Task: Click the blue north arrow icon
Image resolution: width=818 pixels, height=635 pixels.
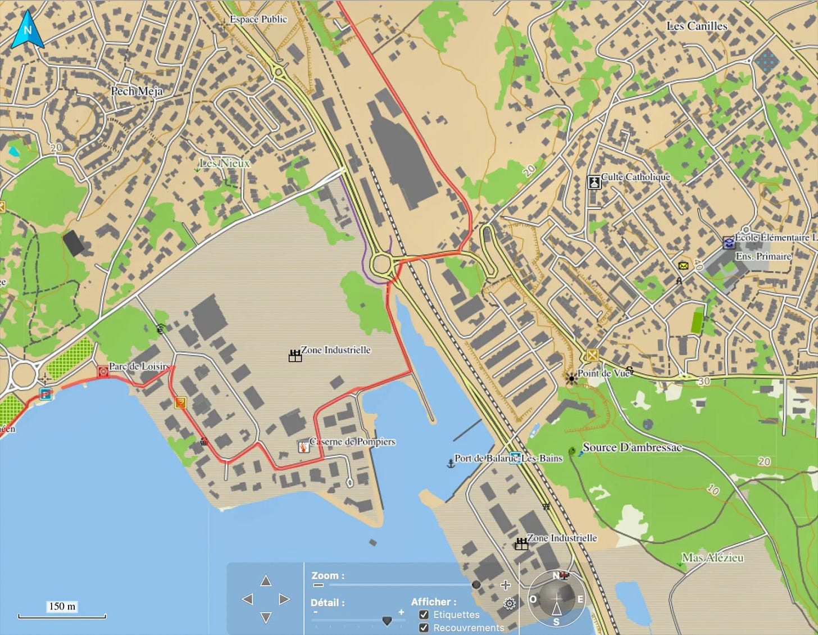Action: click(x=27, y=30)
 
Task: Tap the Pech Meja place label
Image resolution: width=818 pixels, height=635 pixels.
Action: click(x=137, y=91)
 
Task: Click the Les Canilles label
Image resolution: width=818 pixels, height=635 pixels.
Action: click(x=697, y=26)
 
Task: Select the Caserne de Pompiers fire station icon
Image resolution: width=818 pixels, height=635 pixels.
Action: click(x=303, y=447)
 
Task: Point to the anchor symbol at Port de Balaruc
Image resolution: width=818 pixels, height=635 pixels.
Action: click(x=450, y=464)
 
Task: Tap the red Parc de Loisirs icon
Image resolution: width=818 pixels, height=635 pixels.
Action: click(x=103, y=371)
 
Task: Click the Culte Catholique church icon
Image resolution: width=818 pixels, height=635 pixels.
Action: click(x=594, y=182)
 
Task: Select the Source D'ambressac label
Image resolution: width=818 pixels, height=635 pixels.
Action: click(x=632, y=447)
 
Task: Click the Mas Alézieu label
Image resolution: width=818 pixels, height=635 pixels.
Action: click(x=712, y=557)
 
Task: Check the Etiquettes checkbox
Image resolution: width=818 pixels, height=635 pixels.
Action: click(x=424, y=615)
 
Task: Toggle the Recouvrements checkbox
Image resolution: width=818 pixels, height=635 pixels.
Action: click(x=424, y=628)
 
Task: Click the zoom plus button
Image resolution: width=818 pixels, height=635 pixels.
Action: click(x=506, y=585)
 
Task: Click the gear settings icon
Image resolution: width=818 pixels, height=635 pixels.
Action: click(x=510, y=604)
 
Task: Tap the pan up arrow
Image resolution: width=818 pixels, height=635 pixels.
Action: click(x=266, y=580)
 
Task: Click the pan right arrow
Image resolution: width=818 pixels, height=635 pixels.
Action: click(x=285, y=599)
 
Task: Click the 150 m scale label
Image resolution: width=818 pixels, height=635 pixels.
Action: click(x=62, y=606)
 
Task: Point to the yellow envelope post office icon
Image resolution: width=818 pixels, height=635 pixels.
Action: click(x=683, y=266)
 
